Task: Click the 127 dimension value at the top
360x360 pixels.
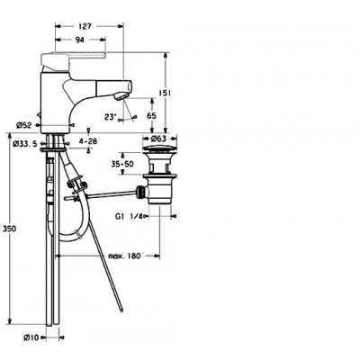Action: coord(85,26)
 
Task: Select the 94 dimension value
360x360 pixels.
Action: coord(79,40)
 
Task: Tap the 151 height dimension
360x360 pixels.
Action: coord(165,93)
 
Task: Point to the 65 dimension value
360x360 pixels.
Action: coord(152,115)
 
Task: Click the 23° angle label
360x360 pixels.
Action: coord(110,117)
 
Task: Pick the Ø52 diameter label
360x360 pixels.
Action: coord(24,126)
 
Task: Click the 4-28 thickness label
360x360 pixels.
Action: coord(88,141)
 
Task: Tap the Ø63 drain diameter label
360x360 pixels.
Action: coord(158,139)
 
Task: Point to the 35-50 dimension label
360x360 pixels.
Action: coord(122,164)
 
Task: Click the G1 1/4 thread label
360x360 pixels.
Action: coord(130,216)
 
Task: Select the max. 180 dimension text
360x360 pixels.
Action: coord(124,256)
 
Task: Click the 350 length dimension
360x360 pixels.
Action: coord(9,229)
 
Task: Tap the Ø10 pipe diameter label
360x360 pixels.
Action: coord(31,337)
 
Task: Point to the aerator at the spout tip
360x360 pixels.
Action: coord(121,96)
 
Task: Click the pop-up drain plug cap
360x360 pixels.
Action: coord(159,149)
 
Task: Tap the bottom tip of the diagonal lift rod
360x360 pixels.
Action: coord(121,310)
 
